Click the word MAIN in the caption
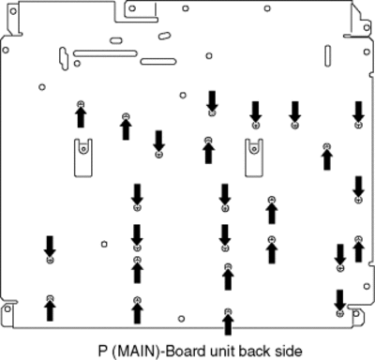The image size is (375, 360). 136,351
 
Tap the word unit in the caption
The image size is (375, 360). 221,351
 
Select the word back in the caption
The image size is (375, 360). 253,351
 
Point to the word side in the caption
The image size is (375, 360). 289,351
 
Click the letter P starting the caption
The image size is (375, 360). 103,351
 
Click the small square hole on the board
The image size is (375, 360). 104,244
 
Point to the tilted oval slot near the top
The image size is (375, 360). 164,36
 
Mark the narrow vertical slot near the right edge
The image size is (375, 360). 327,56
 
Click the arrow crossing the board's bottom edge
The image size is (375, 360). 228,324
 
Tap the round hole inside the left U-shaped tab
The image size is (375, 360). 83,149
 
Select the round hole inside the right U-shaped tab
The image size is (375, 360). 254,149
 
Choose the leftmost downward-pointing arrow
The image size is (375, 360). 50,247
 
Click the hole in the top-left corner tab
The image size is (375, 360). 13,11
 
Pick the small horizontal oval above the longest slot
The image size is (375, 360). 115,40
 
